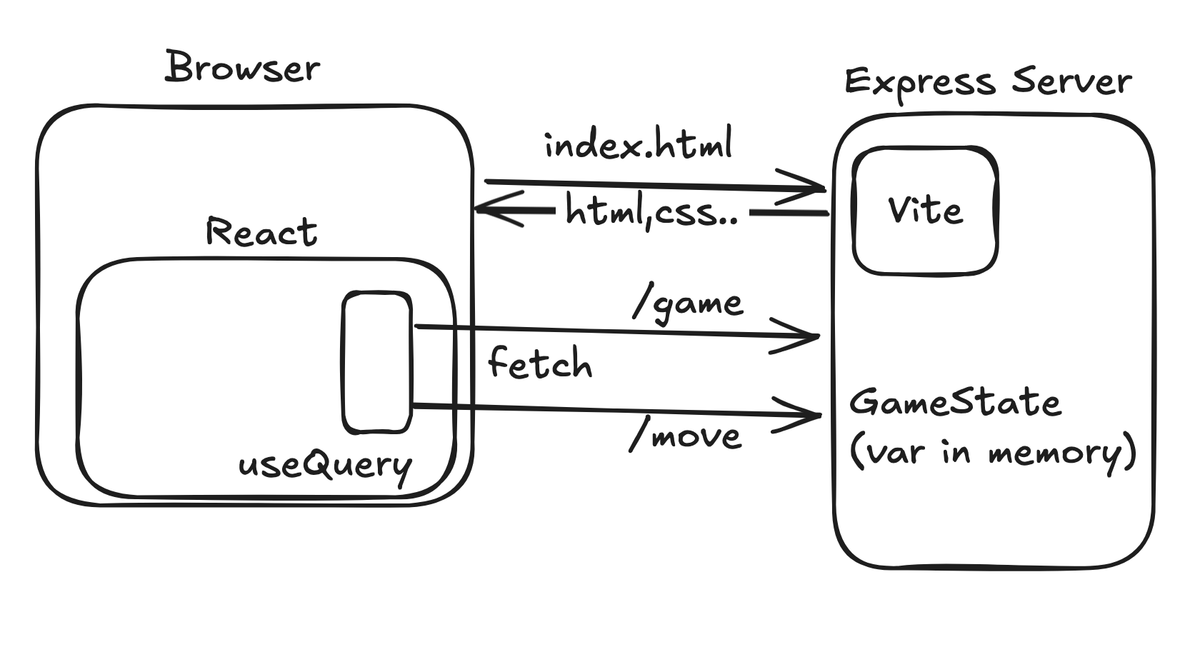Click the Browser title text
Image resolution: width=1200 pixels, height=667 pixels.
click(x=243, y=69)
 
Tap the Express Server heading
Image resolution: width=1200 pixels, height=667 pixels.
click(x=988, y=82)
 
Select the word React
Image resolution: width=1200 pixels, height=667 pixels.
click(x=261, y=232)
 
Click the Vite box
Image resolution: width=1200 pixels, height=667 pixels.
click(x=925, y=211)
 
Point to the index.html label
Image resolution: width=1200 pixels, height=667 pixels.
click(x=639, y=145)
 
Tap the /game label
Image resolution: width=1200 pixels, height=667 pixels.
click(x=689, y=304)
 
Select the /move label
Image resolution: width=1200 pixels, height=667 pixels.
click(x=686, y=436)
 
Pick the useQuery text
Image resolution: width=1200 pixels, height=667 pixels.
click(x=325, y=466)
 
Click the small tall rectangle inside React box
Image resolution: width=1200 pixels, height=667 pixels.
click(x=377, y=362)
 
